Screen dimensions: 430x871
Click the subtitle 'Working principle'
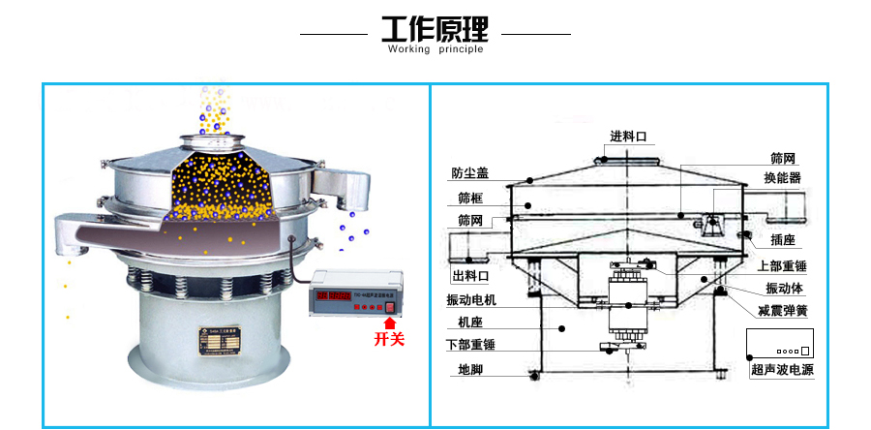coord(435,49)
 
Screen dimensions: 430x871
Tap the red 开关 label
coord(389,338)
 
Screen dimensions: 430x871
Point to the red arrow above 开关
coord(390,313)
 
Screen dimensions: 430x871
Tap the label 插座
coord(783,238)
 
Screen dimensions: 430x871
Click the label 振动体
coord(783,288)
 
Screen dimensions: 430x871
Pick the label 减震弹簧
coord(783,311)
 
